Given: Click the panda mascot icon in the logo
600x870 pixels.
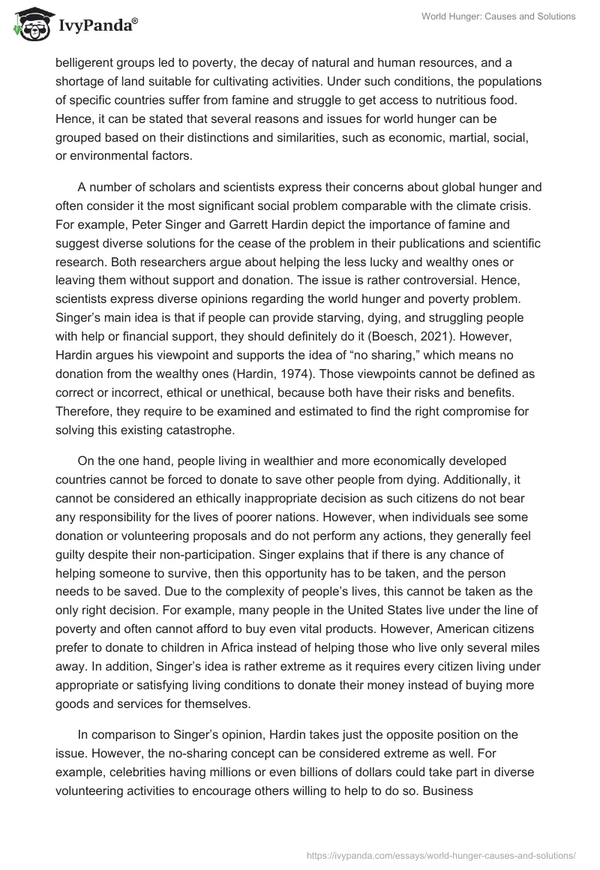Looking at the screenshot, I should pos(28,25).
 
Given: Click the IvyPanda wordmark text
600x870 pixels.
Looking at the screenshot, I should pos(97,28).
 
